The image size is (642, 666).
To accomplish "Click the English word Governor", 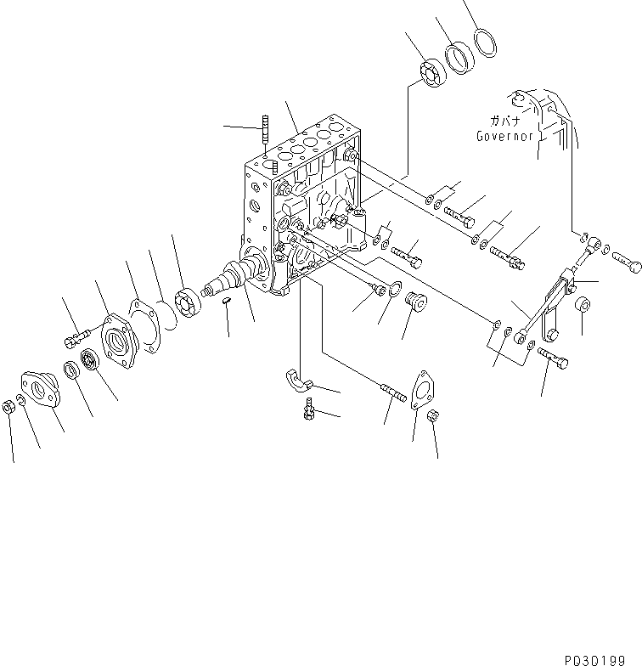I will point(504,136).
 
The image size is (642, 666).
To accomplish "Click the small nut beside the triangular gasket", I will point(431,416).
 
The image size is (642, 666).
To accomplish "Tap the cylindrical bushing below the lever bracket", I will point(584,304).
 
